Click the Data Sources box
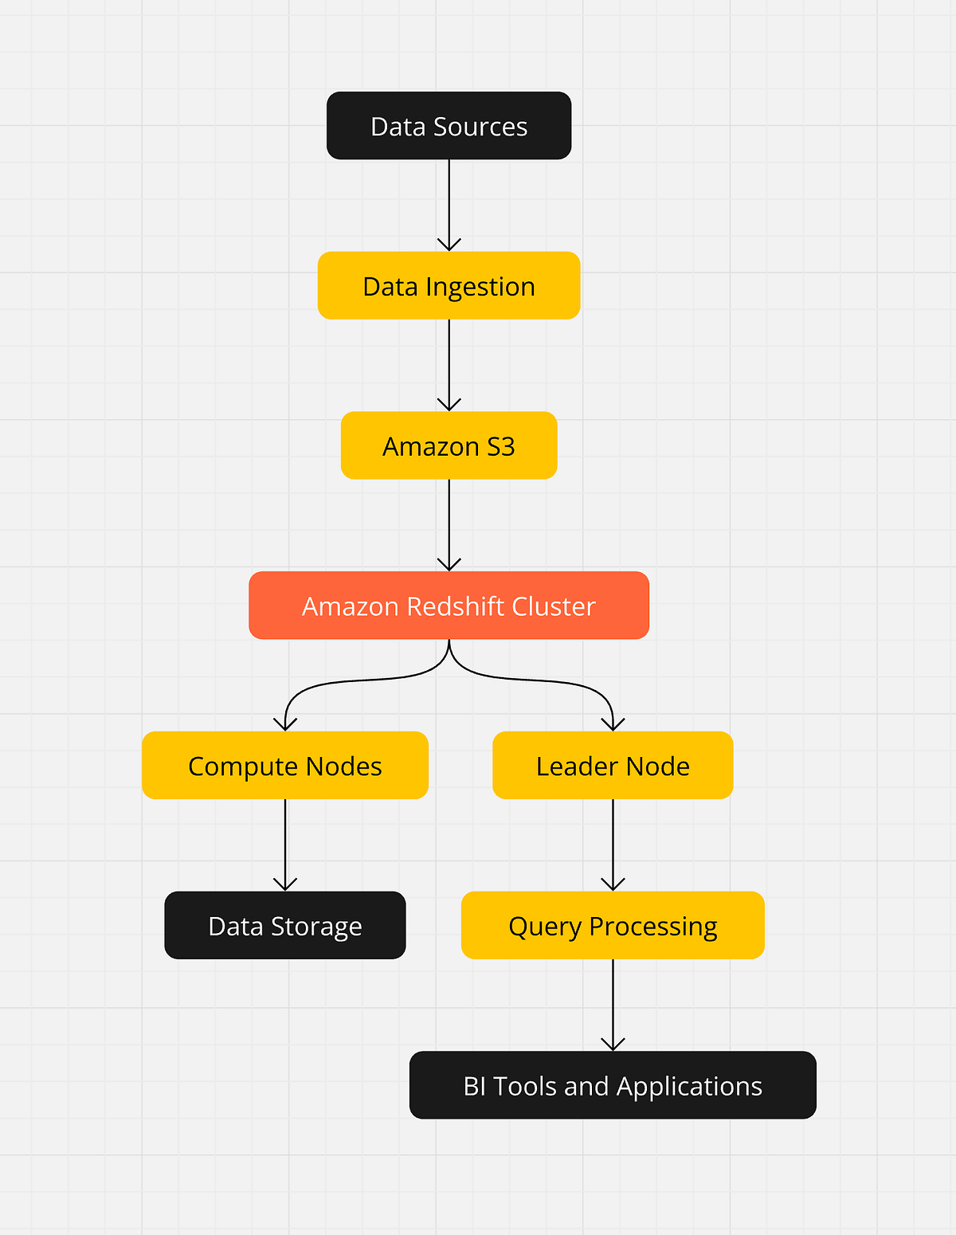[449, 126]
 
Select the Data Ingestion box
[449, 286]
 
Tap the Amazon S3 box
[449, 445]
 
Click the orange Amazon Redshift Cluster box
[449, 606]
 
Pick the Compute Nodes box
[284, 766]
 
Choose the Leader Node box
[613, 766]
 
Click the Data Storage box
[284, 926]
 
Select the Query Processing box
[613, 926]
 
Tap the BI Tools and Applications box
[613, 1086]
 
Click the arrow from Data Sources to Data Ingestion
[449, 205]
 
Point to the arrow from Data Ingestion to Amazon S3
[449, 365]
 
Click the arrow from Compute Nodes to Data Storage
[284, 845]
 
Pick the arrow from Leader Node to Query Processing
[613, 845]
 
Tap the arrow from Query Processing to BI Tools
[613, 1005]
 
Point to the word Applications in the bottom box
[689, 1087]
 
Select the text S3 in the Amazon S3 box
[500, 446]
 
